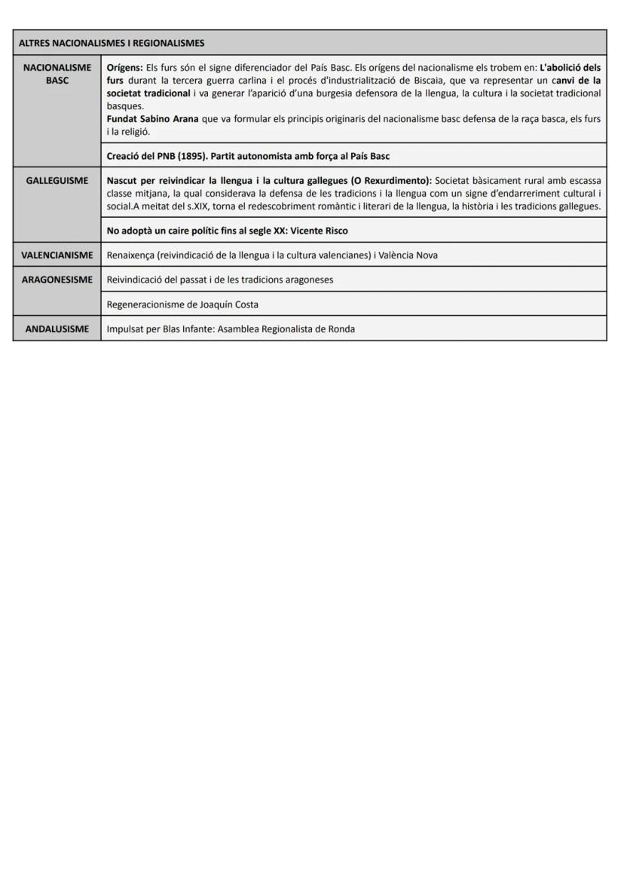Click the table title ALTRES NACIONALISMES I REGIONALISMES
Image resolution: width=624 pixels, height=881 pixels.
[x=112, y=43]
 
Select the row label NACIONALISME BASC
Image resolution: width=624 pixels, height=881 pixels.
[x=57, y=74]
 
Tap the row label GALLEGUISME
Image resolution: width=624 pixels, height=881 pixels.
[x=57, y=181]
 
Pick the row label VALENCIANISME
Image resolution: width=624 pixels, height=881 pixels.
[x=57, y=255]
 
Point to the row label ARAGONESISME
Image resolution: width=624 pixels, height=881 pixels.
[x=57, y=280]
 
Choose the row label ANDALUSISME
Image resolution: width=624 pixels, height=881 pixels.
[x=57, y=329]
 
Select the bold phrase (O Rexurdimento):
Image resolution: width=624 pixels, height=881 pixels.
[x=384, y=181]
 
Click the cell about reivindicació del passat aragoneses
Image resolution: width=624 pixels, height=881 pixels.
[x=220, y=280]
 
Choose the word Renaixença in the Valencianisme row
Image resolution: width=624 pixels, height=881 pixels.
[x=131, y=255]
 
